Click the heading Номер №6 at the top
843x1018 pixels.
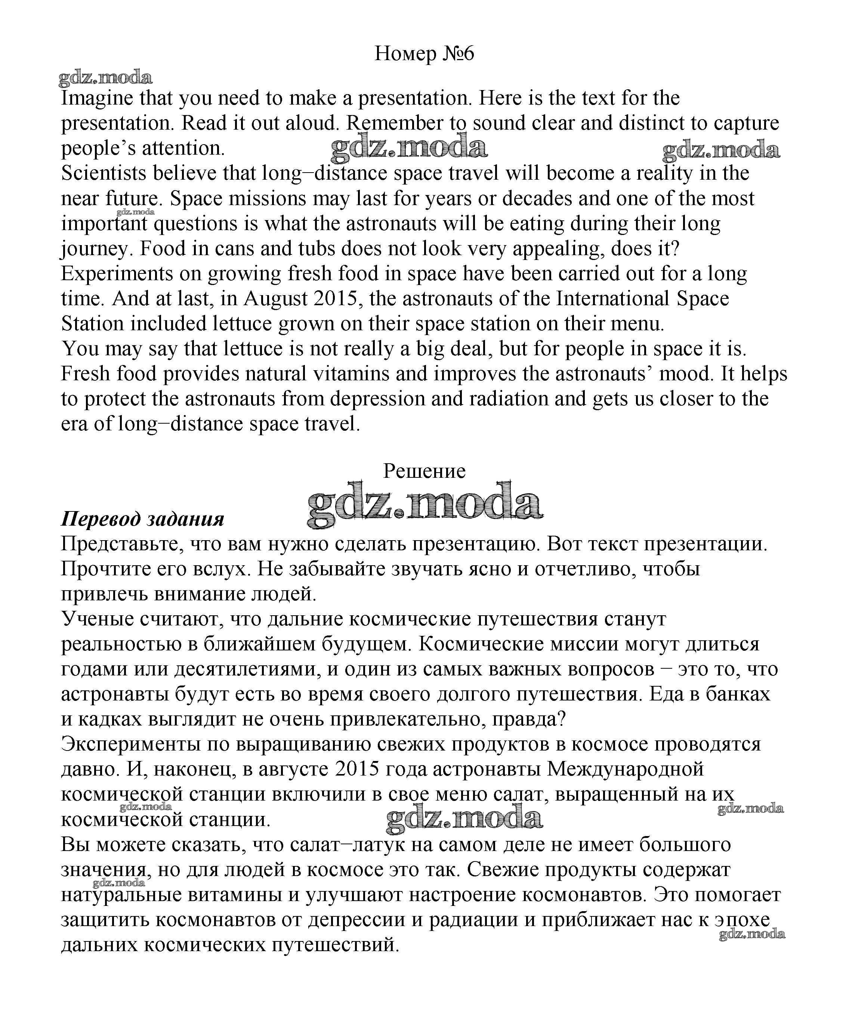coord(424,53)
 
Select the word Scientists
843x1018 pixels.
coord(103,173)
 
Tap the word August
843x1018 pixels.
coord(275,299)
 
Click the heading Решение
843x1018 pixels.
coord(424,471)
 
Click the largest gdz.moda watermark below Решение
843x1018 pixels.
coord(424,505)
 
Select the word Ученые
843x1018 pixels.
coord(98,619)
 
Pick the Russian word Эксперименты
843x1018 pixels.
coord(131,744)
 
